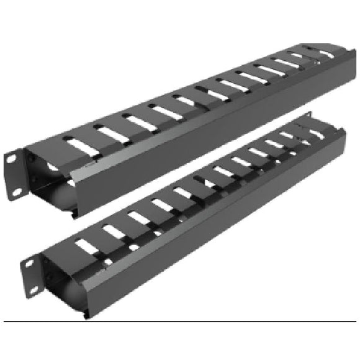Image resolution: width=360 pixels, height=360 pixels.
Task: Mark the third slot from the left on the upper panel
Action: (x=140, y=122)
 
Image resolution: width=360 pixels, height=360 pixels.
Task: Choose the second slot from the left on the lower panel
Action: (x=114, y=233)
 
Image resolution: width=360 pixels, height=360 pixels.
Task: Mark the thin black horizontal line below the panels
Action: (x=180, y=322)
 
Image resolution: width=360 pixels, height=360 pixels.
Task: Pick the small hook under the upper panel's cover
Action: (x=74, y=214)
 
